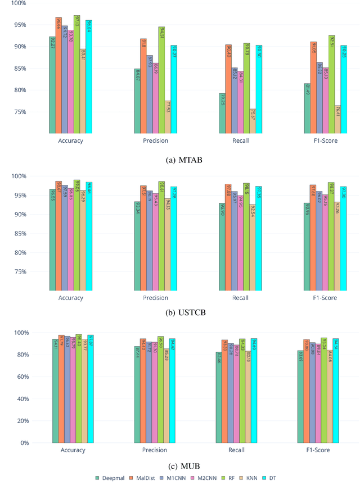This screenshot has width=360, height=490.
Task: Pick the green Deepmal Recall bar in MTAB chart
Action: coord(223,113)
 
